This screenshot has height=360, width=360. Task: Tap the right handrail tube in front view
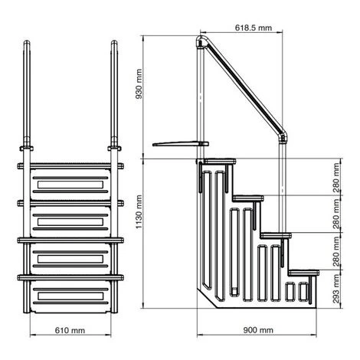click(x=115, y=84)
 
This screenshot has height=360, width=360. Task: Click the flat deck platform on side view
click(x=178, y=144)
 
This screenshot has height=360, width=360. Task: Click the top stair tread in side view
click(x=217, y=161)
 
